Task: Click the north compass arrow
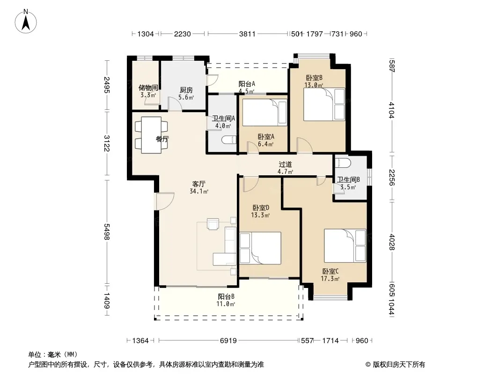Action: click(26, 23)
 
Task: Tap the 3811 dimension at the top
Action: click(247, 34)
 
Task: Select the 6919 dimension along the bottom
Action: click(228, 341)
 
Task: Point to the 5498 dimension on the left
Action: click(107, 231)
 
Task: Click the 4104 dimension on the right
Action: click(391, 110)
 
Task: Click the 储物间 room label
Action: click(148, 88)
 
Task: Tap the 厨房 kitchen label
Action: click(186, 90)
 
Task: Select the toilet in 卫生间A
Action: click(229, 139)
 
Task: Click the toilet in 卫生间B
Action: click(343, 163)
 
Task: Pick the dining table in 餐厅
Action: click(152, 135)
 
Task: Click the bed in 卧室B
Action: click(324, 104)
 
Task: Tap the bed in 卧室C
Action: click(345, 245)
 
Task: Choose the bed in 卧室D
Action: click(260, 248)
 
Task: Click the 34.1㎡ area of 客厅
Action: click(199, 192)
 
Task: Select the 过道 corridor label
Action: click(285, 164)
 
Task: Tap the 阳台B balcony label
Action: click(226, 296)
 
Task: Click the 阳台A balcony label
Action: click(247, 84)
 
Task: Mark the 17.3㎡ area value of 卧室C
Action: click(330, 279)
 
